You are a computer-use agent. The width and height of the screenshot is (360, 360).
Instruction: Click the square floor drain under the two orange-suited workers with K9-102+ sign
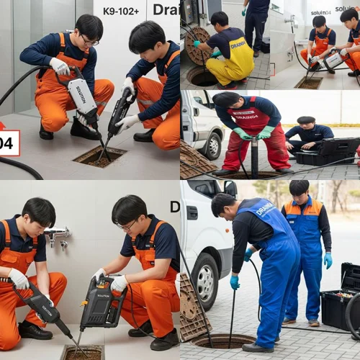pyautogui.click(x=99, y=156)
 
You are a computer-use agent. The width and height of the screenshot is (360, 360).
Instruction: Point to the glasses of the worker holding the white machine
pyautogui.click(x=89, y=40)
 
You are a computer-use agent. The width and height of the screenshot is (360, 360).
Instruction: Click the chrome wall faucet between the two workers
pyautogui.click(x=58, y=235)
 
